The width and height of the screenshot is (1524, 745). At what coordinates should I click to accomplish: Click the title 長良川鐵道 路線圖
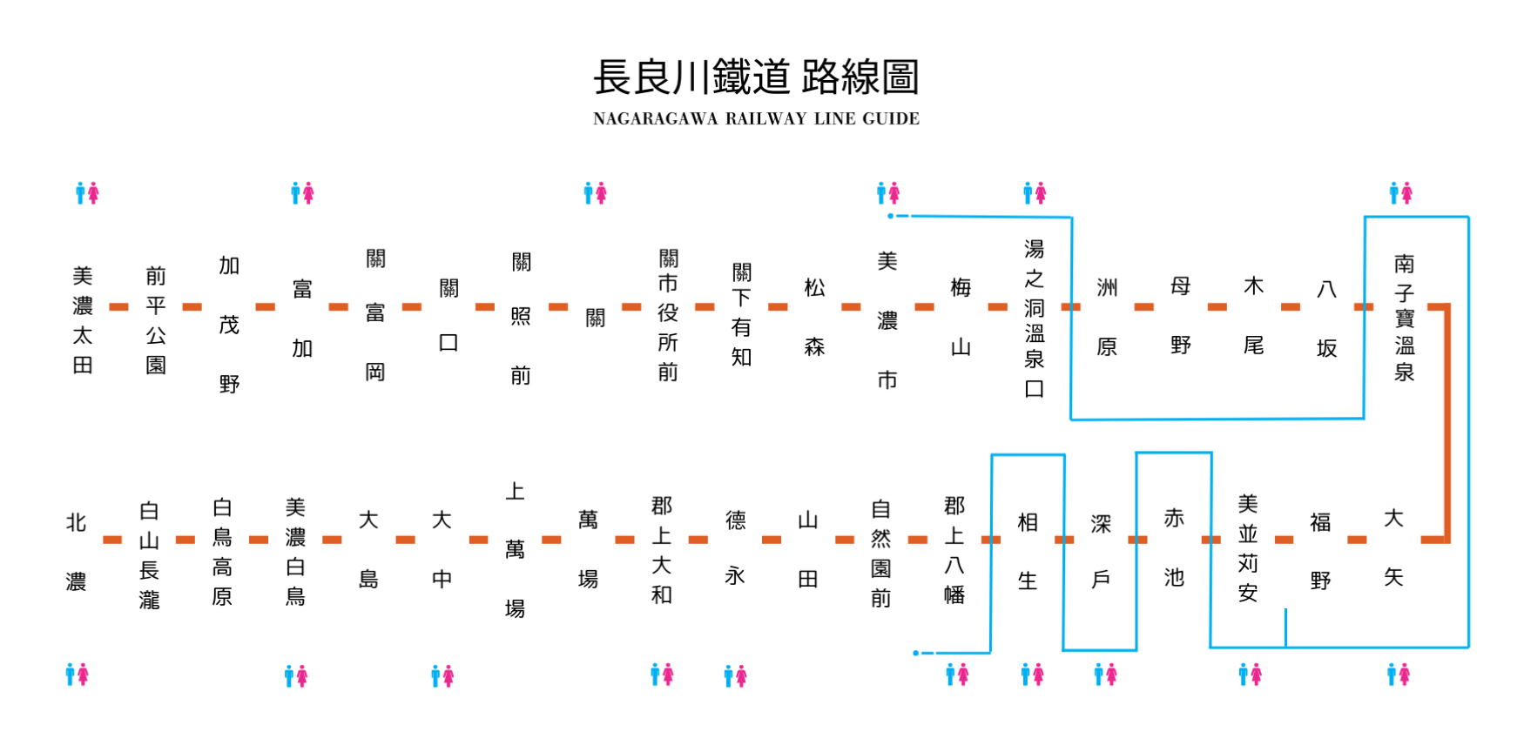(x=756, y=77)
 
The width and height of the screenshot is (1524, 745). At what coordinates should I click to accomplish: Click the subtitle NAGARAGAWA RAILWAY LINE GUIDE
(x=756, y=118)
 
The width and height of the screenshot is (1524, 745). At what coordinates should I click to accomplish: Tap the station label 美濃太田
(x=83, y=320)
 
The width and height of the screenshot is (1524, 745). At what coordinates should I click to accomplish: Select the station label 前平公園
(x=156, y=320)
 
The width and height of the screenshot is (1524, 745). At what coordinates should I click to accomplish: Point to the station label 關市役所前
(x=668, y=315)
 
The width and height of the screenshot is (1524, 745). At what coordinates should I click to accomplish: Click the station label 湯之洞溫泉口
(x=1034, y=319)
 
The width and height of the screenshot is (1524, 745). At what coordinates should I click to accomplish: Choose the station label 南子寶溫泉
(x=1404, y=318)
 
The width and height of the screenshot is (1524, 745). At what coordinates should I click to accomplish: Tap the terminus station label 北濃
(x=76, y=552)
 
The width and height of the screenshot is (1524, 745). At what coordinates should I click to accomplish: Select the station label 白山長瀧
(x=149, y=555)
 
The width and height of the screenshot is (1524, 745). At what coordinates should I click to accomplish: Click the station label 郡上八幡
(x=954, y=550)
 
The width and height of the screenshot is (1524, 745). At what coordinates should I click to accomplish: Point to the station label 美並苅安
(x=1248, y=548)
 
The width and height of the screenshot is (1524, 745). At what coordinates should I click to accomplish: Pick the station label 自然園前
(x=880, y=554)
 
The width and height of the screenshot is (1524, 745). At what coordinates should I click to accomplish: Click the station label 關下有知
(x=741, y=315)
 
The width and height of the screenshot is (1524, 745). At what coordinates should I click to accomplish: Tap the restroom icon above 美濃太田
(x=87, y=192)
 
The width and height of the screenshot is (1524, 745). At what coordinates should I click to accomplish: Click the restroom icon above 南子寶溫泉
(x=1400, y=192)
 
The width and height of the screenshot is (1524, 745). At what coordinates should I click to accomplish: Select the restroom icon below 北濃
(x=77, y=675)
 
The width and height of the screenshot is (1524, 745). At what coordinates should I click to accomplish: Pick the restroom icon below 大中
(x=442, y=675)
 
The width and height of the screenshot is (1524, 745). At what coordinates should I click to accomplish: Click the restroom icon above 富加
(x=302, y=192)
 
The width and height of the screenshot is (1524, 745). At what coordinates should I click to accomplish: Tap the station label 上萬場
(x=515, y=550)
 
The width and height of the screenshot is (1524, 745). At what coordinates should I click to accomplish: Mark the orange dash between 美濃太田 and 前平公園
(x=118, y=306)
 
